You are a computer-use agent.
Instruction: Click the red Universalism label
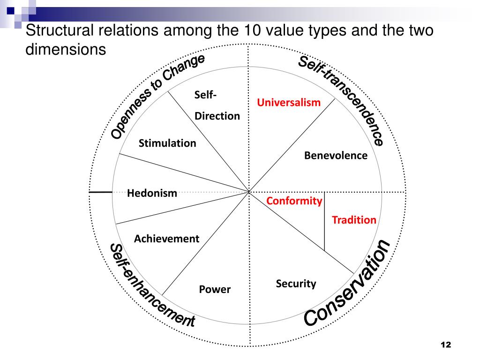[288, 102]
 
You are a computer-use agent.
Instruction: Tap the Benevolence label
[336, 156]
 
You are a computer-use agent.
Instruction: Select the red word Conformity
[294, 201]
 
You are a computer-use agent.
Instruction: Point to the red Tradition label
[354, 220]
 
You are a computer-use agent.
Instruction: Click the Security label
[296, 284]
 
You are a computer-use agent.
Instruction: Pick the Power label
[215, 289]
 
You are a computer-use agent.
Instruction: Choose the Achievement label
[166, 239]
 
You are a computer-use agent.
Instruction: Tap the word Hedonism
[152, 193]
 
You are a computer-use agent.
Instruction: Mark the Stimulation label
[167, 143]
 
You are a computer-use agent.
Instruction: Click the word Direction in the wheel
[217, 116]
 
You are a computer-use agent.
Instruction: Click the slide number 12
[445, 345]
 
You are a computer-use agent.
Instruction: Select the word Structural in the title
[51, 32]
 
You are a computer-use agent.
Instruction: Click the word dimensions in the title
[66, 49]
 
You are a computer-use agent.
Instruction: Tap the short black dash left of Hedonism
[100, 192]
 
